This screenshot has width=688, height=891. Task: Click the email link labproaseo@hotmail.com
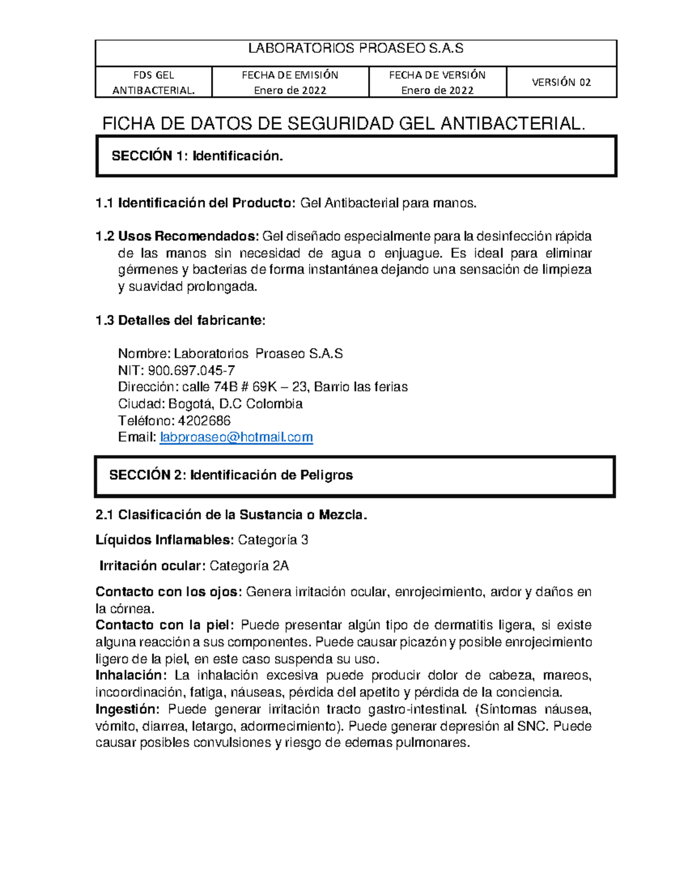236,437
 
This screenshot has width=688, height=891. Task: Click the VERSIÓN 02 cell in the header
561,82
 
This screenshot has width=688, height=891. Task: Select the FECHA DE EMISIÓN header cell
290,82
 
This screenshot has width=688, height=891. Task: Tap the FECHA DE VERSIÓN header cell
437,82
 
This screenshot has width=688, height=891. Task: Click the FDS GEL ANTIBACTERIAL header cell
154,82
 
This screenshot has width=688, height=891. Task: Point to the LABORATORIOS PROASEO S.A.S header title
355,49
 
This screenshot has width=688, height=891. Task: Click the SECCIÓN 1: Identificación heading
197,156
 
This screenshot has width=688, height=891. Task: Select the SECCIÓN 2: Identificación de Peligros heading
231,475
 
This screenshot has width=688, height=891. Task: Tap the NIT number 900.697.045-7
191,370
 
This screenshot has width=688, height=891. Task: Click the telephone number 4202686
205,421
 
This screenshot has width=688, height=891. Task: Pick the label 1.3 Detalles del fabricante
181,320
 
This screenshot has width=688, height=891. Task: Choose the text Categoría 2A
249,566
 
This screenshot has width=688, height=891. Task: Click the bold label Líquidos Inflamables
165,540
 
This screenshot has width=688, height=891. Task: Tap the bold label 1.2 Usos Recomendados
178,236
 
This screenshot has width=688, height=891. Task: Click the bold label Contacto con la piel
165,625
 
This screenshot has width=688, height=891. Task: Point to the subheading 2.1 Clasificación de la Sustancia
231,515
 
